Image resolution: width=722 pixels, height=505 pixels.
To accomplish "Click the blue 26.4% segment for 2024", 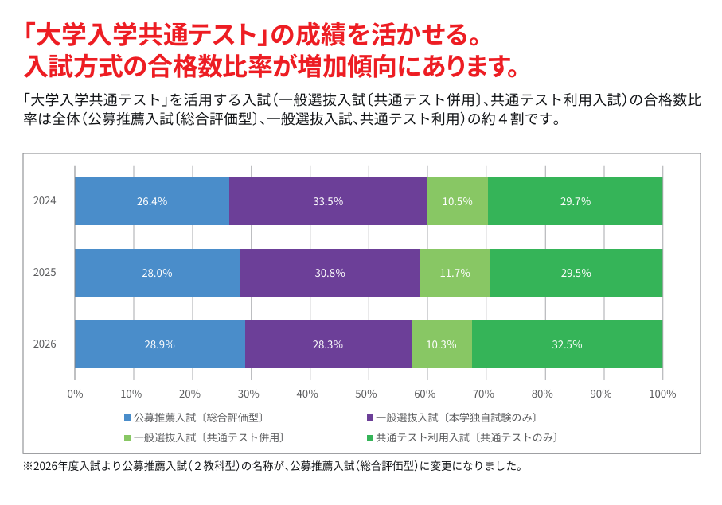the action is coord(152,201).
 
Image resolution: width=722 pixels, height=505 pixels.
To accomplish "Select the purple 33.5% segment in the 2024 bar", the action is coord(328,201).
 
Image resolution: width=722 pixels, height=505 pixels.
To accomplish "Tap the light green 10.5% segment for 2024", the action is coord(457,201).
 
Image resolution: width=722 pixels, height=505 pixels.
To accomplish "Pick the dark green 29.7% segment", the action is coord(575,201).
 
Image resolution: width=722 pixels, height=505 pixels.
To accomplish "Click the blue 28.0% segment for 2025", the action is coord(158,273).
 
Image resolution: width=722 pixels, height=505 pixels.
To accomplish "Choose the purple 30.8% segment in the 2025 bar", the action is coord(330,273).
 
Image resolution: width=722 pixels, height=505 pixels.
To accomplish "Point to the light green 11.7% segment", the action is coord(455,273).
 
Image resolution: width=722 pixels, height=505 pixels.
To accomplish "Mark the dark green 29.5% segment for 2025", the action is coord(576,273).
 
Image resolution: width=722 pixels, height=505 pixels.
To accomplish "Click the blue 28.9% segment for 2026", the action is coord(160,344).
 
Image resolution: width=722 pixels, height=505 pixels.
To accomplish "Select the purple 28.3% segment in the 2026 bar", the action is coord(328,344).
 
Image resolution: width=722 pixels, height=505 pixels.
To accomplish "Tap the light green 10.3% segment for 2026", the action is coord(442,344).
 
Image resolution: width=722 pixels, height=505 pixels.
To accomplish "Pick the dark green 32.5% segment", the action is coord(568,344).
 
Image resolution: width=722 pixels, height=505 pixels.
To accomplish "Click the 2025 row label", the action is coord(45,272).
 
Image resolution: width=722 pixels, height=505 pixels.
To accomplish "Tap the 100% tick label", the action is coord(662,394).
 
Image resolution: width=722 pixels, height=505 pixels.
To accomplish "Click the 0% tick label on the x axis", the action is coord(75,394).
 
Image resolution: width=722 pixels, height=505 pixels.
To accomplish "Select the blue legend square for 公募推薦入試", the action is coord(127,418).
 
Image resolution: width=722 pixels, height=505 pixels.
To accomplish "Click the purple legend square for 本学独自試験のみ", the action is coord(369,418).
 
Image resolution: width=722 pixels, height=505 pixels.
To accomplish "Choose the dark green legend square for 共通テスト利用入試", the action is coord(369,438).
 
